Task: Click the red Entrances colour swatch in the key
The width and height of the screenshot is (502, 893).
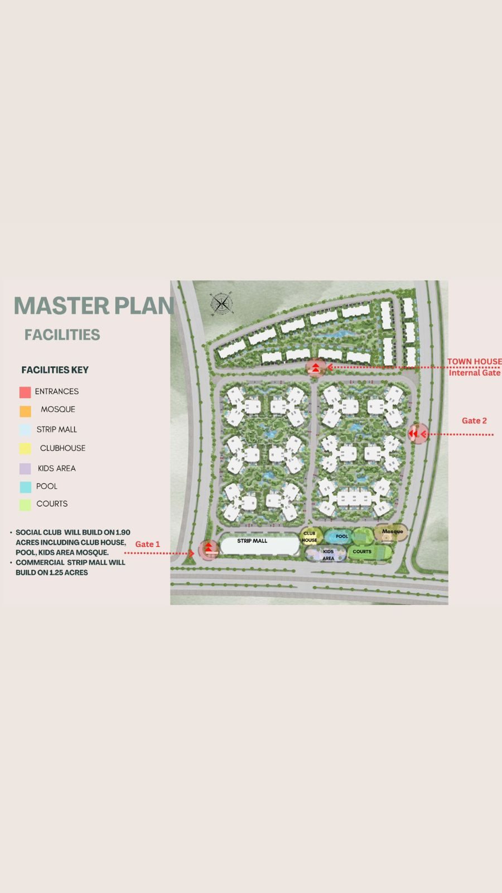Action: pos(25,392)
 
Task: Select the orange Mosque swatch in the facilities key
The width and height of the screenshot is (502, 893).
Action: pos(25,411)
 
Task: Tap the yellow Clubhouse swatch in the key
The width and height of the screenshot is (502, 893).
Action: pos(25,449)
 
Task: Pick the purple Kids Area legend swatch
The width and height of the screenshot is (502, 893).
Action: pos(25,469)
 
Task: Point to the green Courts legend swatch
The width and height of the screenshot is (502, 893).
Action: pos(25,505)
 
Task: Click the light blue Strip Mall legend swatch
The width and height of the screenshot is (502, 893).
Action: pos(25,430)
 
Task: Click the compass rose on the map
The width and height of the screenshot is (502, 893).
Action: pos(221,304)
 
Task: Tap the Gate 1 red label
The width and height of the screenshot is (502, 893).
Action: pos(147,544)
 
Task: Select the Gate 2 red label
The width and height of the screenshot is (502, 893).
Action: pos(474,421)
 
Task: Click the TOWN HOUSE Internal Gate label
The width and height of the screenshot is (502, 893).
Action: pos(474,367)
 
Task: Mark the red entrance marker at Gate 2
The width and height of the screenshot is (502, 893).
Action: pos(418,433)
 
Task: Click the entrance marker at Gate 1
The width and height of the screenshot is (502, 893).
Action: pos(209,550)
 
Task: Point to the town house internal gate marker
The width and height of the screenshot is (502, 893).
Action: pos(316,367)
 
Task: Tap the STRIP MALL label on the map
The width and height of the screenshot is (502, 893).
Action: pos(252,541)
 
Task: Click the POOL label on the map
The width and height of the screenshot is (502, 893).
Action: pos(342,536)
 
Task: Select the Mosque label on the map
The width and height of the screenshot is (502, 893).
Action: pos(393,531)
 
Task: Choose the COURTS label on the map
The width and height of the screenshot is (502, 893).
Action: pos(362,551)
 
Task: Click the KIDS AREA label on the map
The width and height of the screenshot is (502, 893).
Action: pos(329,555)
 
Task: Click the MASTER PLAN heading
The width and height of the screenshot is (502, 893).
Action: pos(94,306)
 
